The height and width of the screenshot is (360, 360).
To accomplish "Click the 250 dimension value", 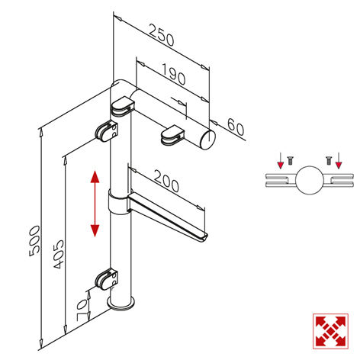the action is [162, 35].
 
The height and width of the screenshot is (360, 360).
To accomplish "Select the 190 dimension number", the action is [174, 74].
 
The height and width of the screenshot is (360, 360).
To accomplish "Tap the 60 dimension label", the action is [236, 127].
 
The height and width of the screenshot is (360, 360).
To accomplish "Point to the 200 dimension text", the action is [166, 181].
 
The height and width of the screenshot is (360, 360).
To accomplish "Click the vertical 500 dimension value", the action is [34, 241].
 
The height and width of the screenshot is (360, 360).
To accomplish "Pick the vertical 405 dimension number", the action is [59, 254].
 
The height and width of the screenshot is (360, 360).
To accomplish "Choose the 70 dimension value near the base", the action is [82, 310].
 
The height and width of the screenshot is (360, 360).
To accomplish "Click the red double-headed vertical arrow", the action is [95, 204].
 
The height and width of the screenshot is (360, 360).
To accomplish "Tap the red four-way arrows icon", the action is [330, 331].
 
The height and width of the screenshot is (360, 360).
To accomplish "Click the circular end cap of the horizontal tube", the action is [208, 139].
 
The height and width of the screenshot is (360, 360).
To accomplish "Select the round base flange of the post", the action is [121, 304].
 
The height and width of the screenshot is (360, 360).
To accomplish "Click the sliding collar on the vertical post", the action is [118, 202].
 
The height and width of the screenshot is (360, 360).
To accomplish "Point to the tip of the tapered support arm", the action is [204, 238].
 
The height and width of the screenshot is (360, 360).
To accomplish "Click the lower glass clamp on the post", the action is [107, 279].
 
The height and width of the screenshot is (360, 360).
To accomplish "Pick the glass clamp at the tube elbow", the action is [122, 107].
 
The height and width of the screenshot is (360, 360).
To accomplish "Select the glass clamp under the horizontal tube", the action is [172, 134].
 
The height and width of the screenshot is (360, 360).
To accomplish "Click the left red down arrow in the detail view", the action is [280, 160].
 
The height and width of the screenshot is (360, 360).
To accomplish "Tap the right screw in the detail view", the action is [329, 160].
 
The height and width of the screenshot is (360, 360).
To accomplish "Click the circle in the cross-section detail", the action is [310, 180].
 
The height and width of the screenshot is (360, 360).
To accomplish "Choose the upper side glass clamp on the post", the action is [107, 131].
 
